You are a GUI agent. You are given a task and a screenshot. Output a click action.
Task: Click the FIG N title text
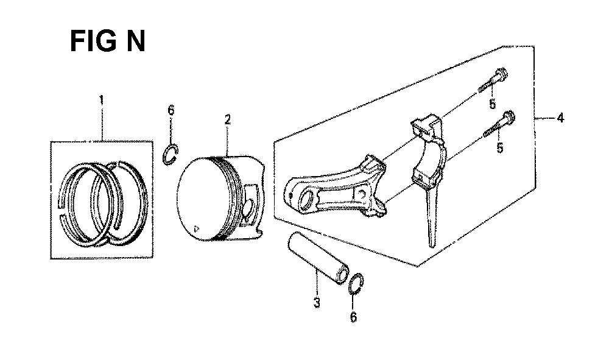(108, 41)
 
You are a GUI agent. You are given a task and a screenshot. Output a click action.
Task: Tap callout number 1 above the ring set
(101, 101)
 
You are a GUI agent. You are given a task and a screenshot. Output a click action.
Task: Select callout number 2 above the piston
(228, 119)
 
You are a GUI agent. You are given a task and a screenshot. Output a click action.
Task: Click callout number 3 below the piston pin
(317, 303)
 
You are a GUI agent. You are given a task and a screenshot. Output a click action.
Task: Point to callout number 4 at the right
(560, 118)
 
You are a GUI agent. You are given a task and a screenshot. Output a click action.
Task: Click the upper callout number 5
(493, 104)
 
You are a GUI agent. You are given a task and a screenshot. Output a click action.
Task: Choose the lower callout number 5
(500, 147)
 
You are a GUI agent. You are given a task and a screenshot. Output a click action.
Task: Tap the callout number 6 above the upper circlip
(171, 110)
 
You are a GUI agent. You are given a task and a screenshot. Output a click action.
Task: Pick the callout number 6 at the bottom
(353, 317)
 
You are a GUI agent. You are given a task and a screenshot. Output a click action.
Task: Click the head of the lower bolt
(509, 116)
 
